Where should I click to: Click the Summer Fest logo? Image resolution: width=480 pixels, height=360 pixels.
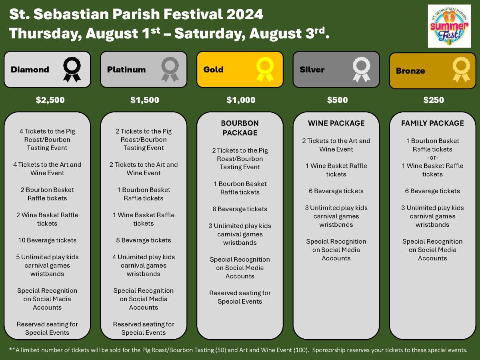point(449,26)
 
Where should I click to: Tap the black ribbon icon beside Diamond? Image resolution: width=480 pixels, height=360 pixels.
point(72,70)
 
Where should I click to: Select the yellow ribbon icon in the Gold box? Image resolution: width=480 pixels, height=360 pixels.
point(265,70)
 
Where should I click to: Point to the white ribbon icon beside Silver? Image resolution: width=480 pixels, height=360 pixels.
point(362,70)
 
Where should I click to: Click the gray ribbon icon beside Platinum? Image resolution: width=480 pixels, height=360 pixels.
point(170,70)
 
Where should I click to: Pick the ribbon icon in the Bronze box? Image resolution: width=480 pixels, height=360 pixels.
point(461,70)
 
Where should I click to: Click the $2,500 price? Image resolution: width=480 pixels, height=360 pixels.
point(50,100)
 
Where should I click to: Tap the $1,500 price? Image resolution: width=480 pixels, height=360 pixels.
point(145,100)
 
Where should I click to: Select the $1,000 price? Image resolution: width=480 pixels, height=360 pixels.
point(241,100)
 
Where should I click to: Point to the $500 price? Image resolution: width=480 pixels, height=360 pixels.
point(338,100)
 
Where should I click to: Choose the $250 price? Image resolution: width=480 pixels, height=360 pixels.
point(434,100)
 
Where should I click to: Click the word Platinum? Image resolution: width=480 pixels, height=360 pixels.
point(126,70)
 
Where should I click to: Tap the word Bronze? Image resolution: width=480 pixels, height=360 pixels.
point(410,71)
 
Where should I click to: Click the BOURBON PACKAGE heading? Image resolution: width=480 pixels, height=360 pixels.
point(240,128)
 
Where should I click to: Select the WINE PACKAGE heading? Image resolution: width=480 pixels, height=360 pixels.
point(336,123)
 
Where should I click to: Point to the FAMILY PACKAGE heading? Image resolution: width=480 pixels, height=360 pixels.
point(432,123)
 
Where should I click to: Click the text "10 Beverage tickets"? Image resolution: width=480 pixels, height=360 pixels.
point(47,240)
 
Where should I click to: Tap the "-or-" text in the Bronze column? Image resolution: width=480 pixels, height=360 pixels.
point(432,158)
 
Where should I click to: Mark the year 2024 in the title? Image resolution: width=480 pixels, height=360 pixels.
point(245,14)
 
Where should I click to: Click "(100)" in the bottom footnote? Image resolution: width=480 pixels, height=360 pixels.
point(300,350)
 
